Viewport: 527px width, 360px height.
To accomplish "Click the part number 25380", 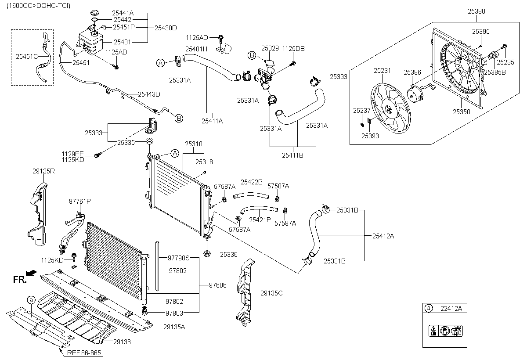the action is coord(476,11).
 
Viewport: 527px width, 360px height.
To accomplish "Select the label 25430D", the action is coord(166,28).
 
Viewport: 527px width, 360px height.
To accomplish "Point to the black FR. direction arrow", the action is coord(31,273).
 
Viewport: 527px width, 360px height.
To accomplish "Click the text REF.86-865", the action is coord(84,353).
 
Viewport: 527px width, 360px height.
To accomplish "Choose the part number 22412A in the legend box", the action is coord(451,308).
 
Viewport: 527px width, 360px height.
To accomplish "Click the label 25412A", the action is coord(383,236).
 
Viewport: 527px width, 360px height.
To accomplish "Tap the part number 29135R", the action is coord(43,171).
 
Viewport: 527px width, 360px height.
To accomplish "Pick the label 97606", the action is coord(218,285).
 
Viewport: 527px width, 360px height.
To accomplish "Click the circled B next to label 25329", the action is coord(252,55).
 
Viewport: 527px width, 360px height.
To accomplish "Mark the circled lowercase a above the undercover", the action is coord(31,300).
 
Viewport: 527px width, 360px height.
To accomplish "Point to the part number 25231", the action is coord(382,71).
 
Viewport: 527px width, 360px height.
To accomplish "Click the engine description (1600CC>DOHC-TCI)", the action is coord(38,6).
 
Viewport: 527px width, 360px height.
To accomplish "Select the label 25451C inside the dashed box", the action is coord(27,57).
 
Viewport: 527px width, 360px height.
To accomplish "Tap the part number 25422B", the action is coord(252,182).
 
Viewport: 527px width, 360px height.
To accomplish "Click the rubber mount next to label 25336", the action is coord(207,254).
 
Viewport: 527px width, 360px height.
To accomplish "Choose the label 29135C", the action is coord(271,293).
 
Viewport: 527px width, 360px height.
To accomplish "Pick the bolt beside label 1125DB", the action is coord(293,63).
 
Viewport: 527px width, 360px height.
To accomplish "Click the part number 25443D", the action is coord(149,94).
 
